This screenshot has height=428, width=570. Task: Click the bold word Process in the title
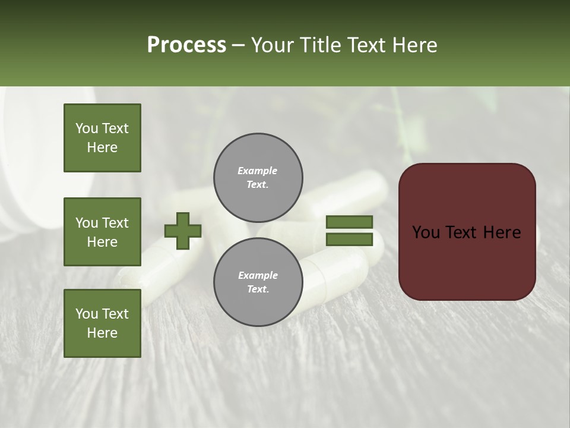186,45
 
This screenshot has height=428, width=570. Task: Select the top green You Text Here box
102,138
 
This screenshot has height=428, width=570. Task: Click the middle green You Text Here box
102,232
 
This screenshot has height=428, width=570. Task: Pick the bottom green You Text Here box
102,323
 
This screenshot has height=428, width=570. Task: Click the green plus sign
183,231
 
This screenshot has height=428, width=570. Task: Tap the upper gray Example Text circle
258,178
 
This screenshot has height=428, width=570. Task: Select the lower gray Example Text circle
258,282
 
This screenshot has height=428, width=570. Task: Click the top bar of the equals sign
349,222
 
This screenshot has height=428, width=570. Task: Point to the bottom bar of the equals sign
349,240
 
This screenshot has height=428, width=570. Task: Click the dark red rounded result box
467,262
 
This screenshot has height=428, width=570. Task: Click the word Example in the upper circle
258,171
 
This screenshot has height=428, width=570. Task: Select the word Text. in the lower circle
258,289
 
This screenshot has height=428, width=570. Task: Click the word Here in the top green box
102,147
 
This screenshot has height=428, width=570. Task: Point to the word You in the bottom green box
87,313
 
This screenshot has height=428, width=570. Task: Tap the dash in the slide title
239,46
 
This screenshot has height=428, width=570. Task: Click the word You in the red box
426,232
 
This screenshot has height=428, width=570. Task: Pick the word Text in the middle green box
115,223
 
